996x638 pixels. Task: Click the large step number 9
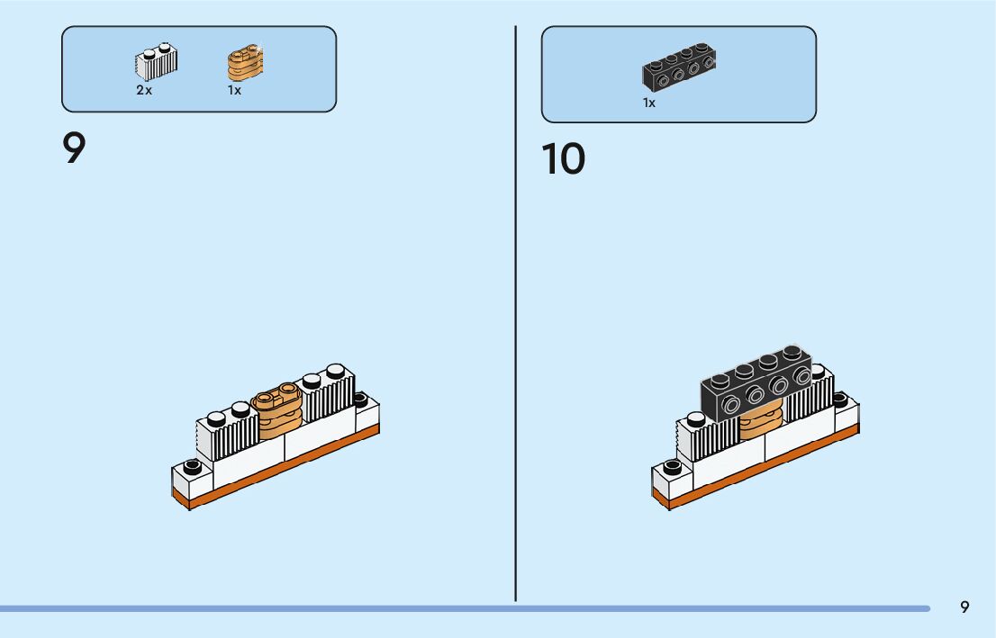(x=74, y=148)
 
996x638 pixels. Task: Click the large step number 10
(x=563, y=159)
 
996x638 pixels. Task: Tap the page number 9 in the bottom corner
(x=964, y=607)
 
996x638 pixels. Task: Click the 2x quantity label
(x=144, y=91)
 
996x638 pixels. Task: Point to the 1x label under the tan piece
(x=234, y=91)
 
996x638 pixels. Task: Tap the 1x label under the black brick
(x=649, y=103)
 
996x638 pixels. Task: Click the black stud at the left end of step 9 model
(x=191, y=466)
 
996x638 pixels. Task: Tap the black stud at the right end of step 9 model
(x=360, y=398)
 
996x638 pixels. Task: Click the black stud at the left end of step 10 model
(x=671, y=467)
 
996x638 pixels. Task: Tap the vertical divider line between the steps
(x=515, y=315)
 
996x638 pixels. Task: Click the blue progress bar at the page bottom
(x=450, y=609)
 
